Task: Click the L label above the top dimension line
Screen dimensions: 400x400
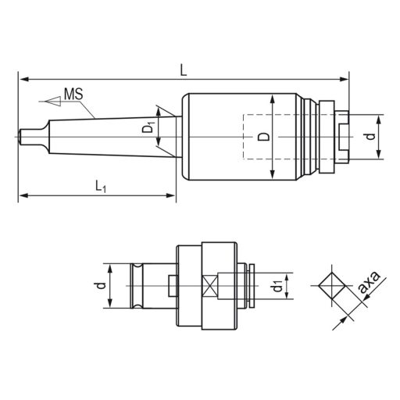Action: [x=182, y=69]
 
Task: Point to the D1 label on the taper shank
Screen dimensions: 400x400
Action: [x=150, y=127]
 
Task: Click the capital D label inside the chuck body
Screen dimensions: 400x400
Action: [x=262, y=137]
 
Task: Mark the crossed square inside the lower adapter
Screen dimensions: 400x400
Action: [x=210, y=287]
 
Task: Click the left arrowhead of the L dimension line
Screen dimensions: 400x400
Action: [x=23, y=79]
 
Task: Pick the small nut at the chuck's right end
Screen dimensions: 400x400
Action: [x=335, y=137]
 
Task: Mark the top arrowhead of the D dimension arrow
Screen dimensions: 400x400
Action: [x=272, y=99]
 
